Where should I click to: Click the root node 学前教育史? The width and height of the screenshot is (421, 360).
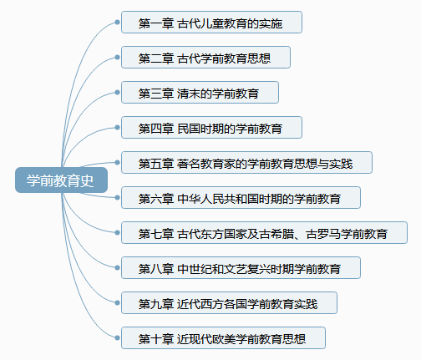tap(61, 180)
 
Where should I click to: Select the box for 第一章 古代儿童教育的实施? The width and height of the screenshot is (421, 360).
tap(211, 23)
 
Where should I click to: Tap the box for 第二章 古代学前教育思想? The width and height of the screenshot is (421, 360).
tap(205, 58)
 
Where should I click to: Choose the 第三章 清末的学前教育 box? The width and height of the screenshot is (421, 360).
tap(200, 93)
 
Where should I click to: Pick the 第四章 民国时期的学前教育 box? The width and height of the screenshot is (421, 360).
tap(211, 128)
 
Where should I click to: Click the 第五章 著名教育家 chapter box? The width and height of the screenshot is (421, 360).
tap(246, 163)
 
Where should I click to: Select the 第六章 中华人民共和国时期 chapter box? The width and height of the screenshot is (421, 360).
tap(241, 198)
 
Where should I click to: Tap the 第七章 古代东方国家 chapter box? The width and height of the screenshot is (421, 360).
tap(264, 233)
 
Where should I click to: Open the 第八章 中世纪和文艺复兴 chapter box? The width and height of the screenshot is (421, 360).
tap(241, 268)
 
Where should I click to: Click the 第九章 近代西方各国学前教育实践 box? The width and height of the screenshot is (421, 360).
tap(229, 303)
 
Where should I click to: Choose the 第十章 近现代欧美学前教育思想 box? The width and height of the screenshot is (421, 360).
tap(223, 338)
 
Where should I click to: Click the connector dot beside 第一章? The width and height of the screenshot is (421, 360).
tap(117, 23)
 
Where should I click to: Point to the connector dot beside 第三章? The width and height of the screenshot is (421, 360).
tap(117, 93)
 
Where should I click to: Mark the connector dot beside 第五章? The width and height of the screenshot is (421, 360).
tap(117, 163)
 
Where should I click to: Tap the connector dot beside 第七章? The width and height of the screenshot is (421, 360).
tap(117, 233)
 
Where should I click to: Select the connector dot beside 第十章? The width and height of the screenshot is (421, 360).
tap(117, 338)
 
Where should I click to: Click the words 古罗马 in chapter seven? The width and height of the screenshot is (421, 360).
tap(323, 234)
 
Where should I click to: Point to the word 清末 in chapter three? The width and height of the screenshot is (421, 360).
tap(189, 94)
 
